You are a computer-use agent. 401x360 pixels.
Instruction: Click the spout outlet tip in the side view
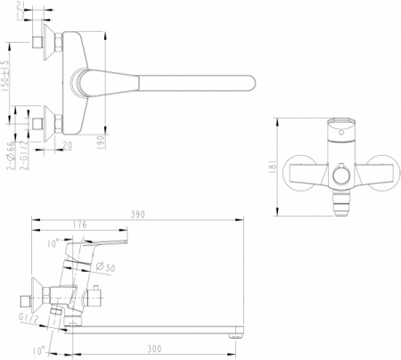pyautogui.click(x=239, y=334)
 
